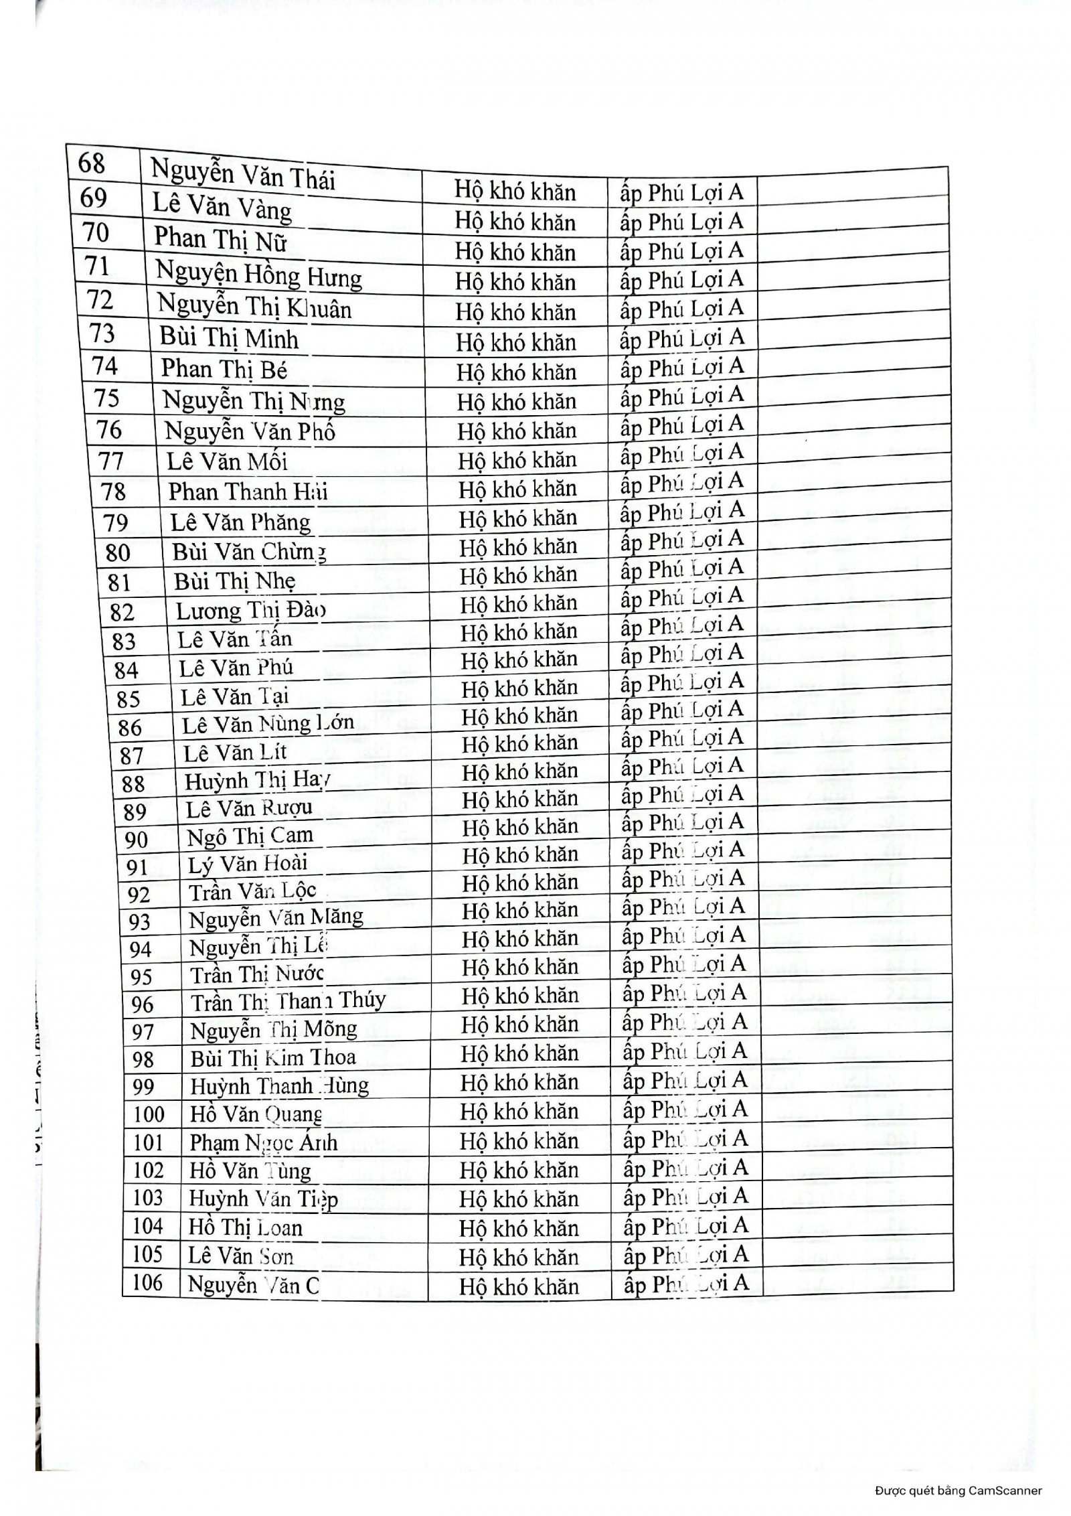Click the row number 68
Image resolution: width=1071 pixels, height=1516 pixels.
92,163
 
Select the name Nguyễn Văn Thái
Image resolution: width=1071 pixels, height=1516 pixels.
242,174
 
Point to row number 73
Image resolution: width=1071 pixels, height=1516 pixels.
102,333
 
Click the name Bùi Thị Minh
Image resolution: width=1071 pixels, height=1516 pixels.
229,338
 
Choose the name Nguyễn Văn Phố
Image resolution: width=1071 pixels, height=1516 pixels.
250,431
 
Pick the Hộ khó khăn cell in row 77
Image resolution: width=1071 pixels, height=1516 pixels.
517,460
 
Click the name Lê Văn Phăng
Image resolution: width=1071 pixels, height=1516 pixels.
240,522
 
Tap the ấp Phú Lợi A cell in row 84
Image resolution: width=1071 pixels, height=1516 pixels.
682,654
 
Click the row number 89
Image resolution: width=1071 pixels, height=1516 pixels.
135,812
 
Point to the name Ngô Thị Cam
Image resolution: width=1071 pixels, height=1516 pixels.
250,836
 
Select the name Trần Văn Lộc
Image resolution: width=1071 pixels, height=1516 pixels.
252,892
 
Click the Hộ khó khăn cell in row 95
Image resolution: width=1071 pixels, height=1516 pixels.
520,967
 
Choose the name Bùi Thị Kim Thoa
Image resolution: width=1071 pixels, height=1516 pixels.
273,1058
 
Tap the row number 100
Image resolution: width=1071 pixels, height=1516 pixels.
149,1114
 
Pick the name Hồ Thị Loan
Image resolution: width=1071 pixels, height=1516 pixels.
246,1227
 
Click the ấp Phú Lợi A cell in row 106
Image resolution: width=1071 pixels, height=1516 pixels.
685,1284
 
